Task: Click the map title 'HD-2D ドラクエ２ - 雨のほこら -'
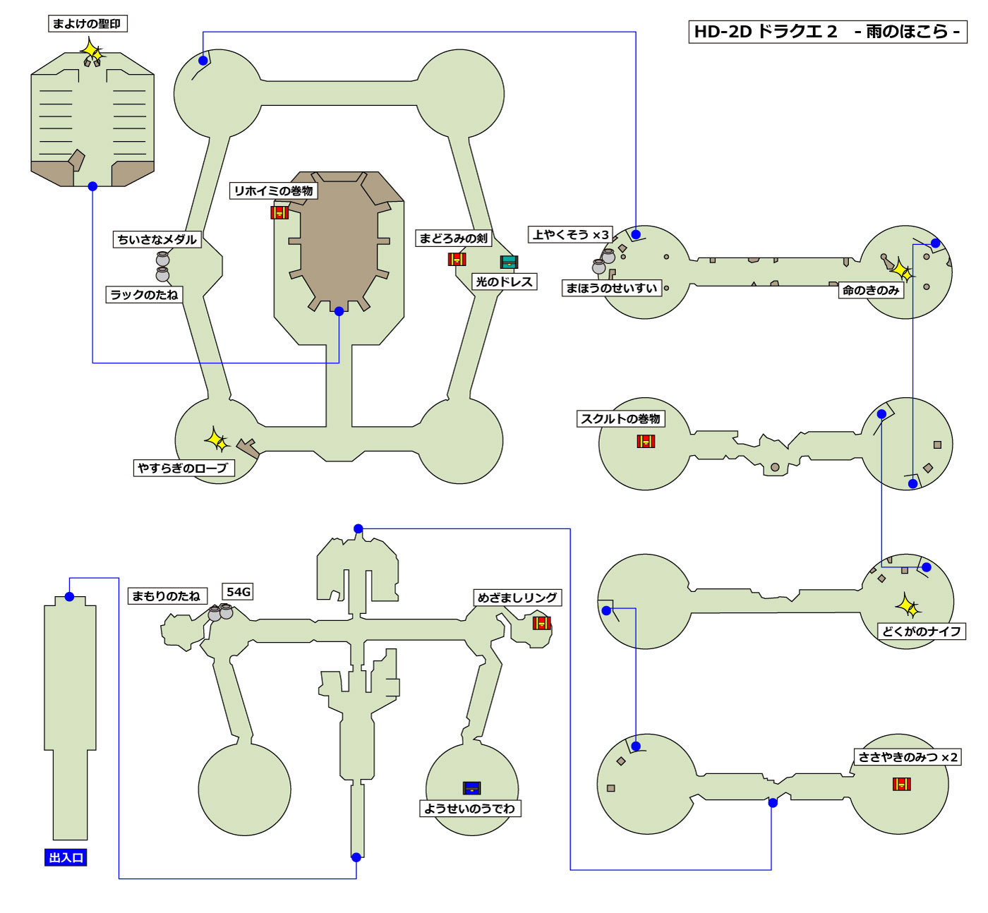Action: point(827,32)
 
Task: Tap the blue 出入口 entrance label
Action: point(66,858)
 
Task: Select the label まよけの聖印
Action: point(88,24)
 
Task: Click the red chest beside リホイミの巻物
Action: point(279,212)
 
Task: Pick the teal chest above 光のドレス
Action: point(509,262)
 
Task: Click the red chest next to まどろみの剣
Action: point(457,259)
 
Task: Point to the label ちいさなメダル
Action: point(157,240)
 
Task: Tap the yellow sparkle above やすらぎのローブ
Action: point(217,440)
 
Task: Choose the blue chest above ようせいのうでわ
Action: point(471,788)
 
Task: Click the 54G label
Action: point(239,592)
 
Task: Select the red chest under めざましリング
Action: point(541,623)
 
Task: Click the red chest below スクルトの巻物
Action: point(646,441)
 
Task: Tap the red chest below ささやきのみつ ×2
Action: point(901,784)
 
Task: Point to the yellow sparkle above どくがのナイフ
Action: point(908,606)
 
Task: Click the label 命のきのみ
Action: point(871,290)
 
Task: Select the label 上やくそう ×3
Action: point(570,235)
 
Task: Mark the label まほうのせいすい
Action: point(612,288)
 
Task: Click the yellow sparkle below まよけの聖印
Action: point(92,52)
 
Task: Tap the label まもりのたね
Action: point(167,596)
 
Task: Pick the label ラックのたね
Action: point(145,295)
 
